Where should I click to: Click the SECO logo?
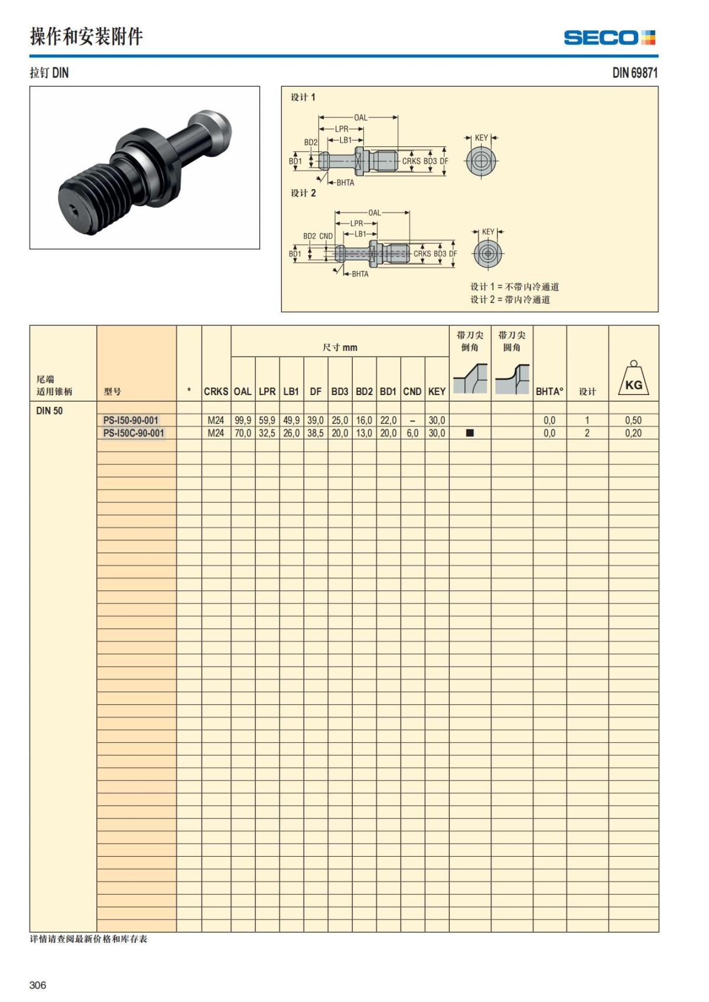[609, 38]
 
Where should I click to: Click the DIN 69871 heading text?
[635, 73]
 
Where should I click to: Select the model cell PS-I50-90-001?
[131, 420]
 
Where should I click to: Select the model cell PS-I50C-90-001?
[134, 433]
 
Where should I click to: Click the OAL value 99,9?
[243, 420]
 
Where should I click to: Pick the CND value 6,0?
[412, 433]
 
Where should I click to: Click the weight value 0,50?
[633, 420]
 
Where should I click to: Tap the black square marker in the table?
[470, 433]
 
